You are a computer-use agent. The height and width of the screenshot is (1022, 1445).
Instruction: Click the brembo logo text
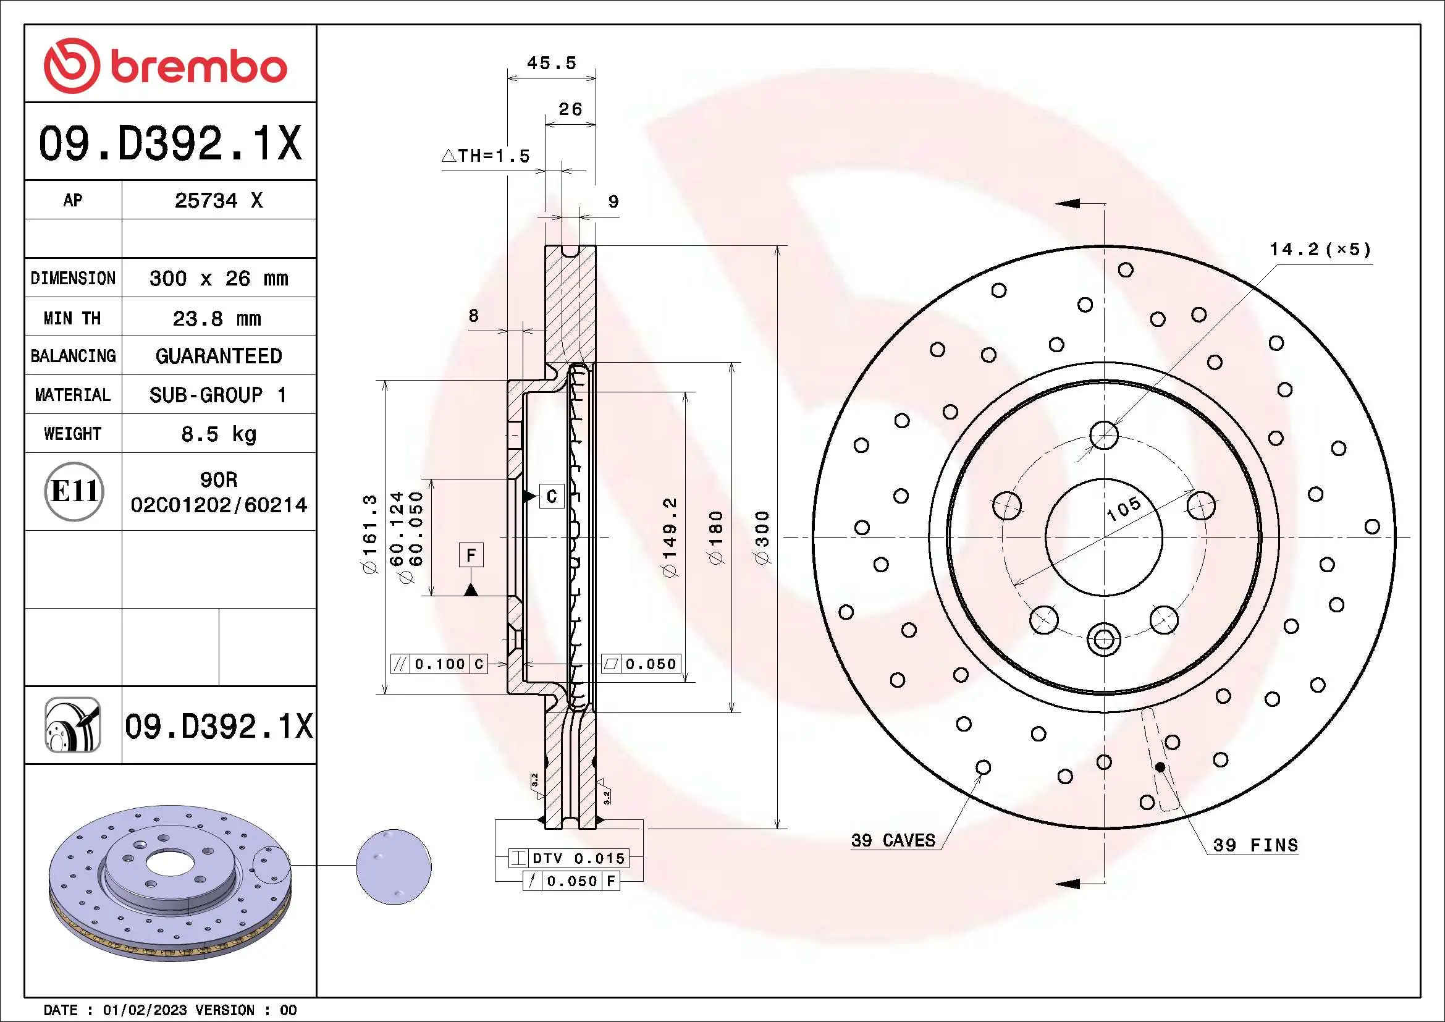click(x=198, y=67)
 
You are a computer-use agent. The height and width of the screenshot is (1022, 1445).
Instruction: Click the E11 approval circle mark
click(x=74, y=491)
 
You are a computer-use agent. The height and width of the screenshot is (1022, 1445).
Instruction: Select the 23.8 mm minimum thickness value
click(x=217, y=318)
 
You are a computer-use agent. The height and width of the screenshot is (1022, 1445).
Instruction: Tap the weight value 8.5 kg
click(x=218, y=434)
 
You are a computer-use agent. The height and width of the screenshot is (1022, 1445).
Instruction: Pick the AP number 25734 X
click(x=218, y=200)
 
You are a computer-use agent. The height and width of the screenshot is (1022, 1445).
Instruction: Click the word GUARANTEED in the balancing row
click(x=218, y=356)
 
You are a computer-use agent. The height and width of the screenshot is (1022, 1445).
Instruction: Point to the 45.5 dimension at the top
click(x=551, y=63)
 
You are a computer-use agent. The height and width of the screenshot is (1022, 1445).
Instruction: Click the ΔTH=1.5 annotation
click(x=486, y=156)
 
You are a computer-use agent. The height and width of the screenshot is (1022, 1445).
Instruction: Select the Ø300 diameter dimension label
click(x=762, y=538)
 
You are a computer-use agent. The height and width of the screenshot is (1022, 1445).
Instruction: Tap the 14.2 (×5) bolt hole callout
click(x=1320, y=249)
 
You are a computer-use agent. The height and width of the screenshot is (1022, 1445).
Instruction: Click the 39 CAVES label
click(x=893, y=840)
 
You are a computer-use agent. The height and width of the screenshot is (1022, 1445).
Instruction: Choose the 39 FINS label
click(x=1255, y=845)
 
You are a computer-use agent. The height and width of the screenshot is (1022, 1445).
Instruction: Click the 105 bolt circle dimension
click(x=1123, y=509)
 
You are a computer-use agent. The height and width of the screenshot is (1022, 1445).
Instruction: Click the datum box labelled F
click(x=471, y=555)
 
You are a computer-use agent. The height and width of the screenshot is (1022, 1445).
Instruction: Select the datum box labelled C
click(x=551, y=497)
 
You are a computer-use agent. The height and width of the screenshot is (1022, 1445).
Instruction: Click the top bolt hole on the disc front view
click(x=1104, y=435)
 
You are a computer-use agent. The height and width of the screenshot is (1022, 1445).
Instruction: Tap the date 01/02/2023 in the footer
click(x=145, y=1010)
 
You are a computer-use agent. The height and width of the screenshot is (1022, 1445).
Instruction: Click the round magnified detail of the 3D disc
click(x=394, y=867)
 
